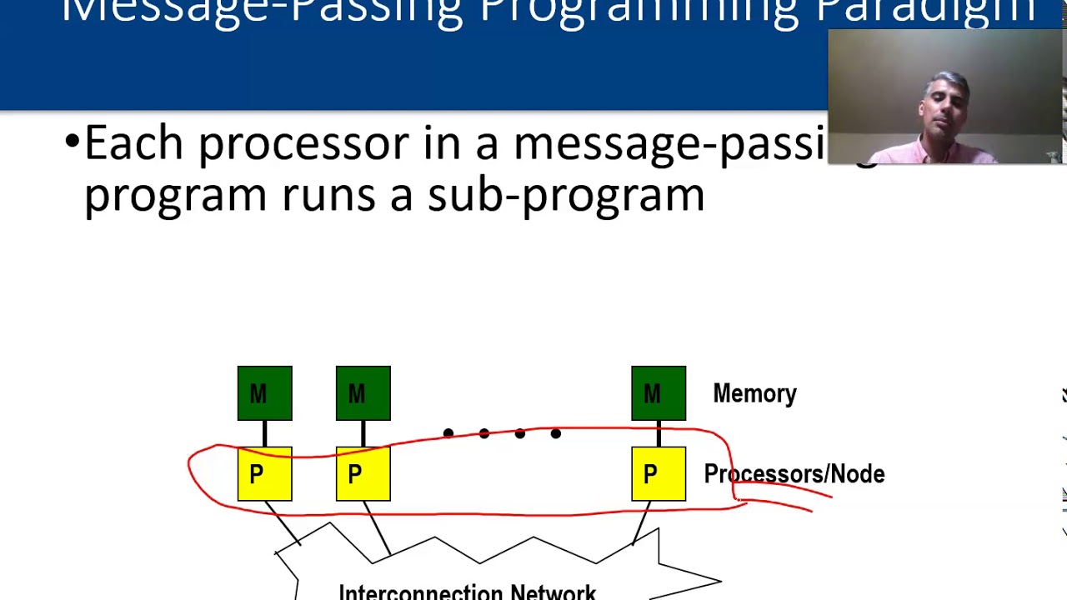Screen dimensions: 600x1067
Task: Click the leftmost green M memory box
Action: pos(264,393)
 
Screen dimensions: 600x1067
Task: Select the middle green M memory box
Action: pos(363,393)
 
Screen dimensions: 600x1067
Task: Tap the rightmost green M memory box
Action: pos(659,393)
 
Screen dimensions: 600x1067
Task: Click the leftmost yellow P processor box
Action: pos(264,474)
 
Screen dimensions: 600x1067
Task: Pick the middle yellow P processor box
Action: pos(363,474)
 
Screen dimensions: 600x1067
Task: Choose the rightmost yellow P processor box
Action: pos(659,474)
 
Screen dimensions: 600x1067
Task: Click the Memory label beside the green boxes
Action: pos(754,394)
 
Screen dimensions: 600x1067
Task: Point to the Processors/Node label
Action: pos(794,474)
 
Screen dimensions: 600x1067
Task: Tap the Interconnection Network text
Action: pos(467,592)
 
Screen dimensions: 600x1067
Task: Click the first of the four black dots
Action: pos(448,433)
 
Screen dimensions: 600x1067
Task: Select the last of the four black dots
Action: pos(556,433)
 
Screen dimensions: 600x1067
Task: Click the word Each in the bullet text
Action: pos(133,143)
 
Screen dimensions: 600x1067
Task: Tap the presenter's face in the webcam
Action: pos(944,108)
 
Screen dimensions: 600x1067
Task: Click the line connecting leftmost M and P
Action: pos(264,433)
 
